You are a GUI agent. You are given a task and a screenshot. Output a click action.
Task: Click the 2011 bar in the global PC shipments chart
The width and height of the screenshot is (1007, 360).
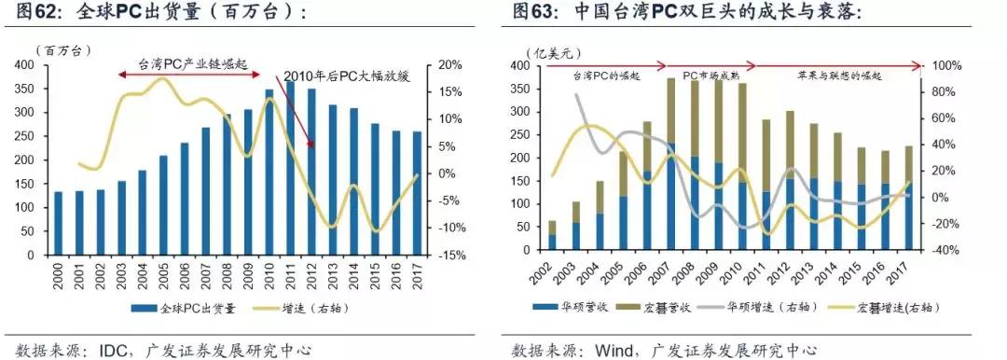coord(290,169)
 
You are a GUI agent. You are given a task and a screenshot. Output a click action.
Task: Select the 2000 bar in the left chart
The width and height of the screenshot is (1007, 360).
coord(58,223)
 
